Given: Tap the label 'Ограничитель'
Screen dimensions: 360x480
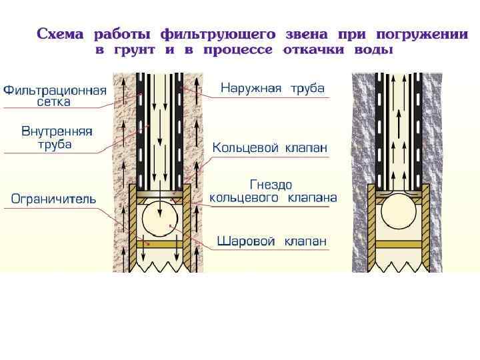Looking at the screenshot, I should pyautogui.click(x=53, y=199).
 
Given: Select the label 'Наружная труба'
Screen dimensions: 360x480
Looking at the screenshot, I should pyautogui.click(x=272, y=88).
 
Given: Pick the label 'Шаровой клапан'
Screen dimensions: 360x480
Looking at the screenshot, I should pyautogui.click(x=272, y=241).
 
